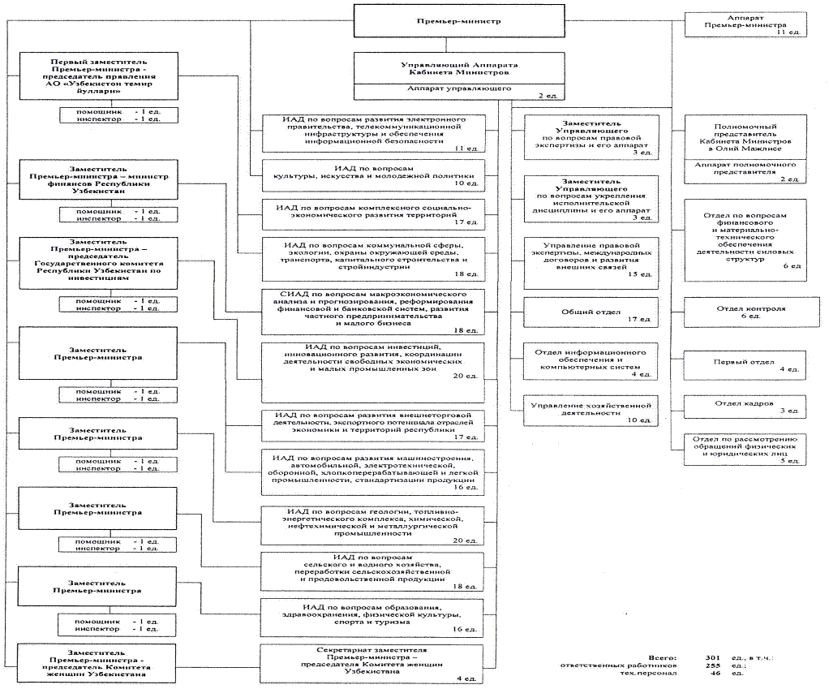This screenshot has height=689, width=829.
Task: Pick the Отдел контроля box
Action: tap(745, 311)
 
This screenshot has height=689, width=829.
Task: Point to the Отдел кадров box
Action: tap(745, 406)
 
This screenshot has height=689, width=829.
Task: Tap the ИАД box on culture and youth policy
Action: tap(372, 174)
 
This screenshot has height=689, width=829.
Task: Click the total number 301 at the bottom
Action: tap(690, 655)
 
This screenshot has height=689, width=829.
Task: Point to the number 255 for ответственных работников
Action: tap(690, 665)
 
